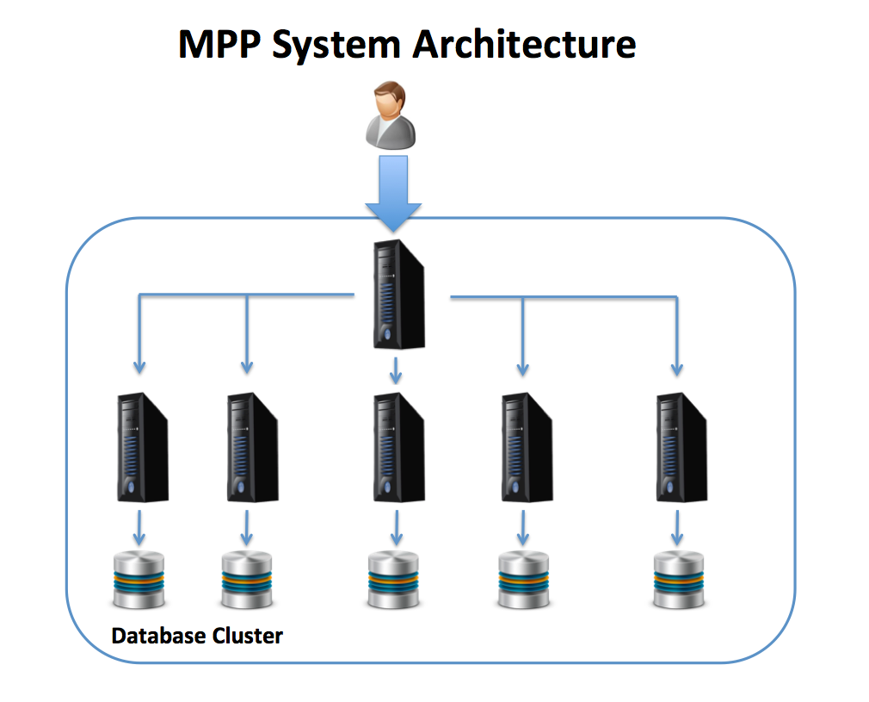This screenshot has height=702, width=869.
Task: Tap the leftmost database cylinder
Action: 138,579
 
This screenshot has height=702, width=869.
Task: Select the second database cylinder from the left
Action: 247,579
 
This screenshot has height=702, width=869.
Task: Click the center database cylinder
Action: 393,579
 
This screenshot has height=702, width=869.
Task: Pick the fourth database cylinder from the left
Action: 523,579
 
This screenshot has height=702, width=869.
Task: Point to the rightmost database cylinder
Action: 678,579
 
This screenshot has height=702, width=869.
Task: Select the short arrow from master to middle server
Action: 396,370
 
